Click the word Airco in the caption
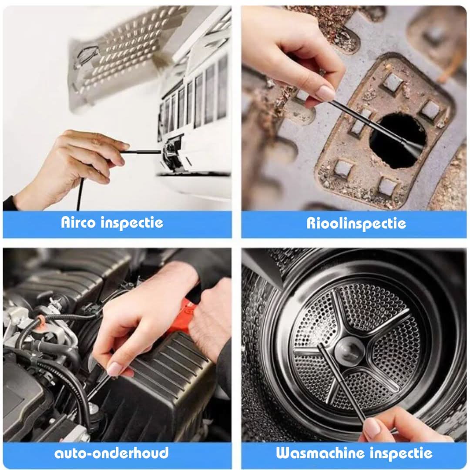79,223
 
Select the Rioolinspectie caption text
356,223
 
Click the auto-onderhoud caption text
111,453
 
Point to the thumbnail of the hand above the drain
326,93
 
